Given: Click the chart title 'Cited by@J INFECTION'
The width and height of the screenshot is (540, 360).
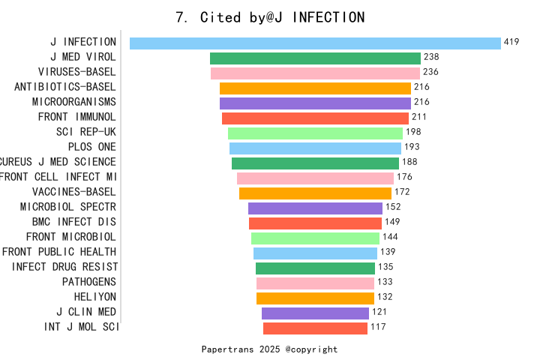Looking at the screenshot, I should pos(270,17).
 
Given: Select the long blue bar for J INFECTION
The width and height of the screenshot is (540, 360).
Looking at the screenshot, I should pos(315,43).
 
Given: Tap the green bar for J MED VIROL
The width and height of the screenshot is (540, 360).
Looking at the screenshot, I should pos(315,58).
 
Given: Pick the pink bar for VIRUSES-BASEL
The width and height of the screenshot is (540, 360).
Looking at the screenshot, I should pos(315,73).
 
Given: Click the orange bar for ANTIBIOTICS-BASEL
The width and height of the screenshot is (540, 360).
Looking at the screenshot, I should pos(315,88).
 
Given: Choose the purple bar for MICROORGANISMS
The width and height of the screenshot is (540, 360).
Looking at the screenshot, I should pos(315,103).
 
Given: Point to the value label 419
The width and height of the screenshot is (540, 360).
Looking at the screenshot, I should pos(511,42).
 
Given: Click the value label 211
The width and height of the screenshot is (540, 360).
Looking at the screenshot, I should pos(419,117).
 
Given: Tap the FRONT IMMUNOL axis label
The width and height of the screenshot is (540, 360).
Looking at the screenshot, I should pos(77,117).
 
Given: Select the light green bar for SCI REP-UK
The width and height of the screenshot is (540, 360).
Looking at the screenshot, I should pos(315,133).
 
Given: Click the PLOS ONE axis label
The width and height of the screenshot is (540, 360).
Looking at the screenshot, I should pos(92,147).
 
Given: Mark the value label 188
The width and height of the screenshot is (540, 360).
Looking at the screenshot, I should pos(409,162).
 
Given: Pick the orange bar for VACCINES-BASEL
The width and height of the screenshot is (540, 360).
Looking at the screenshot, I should pos(315,193).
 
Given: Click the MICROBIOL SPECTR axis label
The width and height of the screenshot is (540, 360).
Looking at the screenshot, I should pos(68,207).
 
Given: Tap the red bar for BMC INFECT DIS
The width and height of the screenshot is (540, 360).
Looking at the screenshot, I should pos(315,223).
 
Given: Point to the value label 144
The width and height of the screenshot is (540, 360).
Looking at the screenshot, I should pos(390,237).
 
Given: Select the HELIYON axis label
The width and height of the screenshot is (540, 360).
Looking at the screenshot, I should pos(95,297).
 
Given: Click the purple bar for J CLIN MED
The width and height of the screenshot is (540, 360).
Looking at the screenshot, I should pos(315,313).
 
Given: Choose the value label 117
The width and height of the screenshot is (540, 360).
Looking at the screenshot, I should pos(378,327).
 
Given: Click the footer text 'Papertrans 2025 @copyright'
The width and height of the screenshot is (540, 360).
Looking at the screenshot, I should pos(270,349).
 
